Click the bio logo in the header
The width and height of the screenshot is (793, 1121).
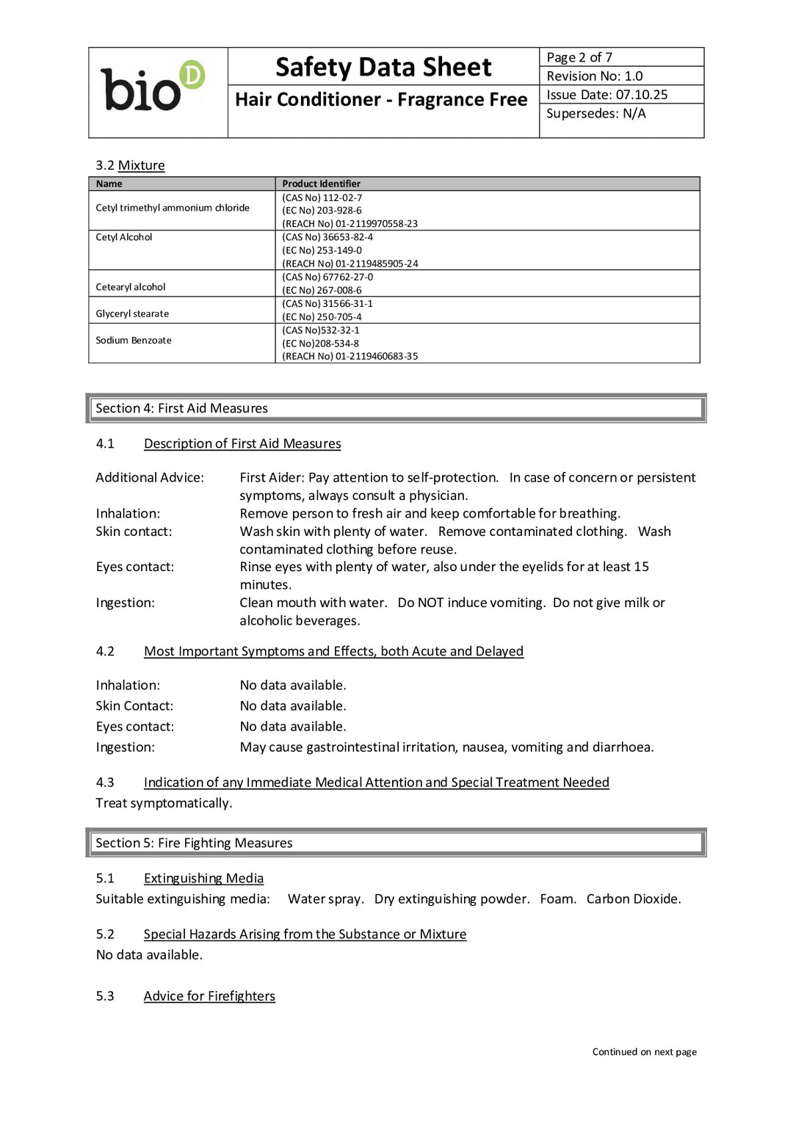pyautogui.click(x=153, y=87)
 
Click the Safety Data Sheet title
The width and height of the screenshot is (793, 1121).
pyautogui.click(x=383, y=68)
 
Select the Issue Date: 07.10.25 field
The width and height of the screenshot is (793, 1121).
pyautogui.click(x=606, y=95)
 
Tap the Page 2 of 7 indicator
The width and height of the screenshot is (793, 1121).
pyautogui.click(x=579, y=57)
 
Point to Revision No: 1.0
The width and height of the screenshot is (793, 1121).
pyautogui.click(x=594, y=76)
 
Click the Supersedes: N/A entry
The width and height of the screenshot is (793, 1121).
pyautogui.click(x=595, y=114)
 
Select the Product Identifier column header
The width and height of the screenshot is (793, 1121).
pyautogui.click(x=321, y=184)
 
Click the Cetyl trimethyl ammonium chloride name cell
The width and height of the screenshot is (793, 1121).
pyautogui.click(x=173, y=208)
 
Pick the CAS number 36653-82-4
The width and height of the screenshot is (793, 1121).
pyautogui.click(x=327, y=237)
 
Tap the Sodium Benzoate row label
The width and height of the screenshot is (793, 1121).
pyautogui.click(x=134, y=341)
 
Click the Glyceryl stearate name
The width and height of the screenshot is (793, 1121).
pyautogui.click(x=132, y=313)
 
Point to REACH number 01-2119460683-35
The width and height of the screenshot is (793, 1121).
pyautogui.click(x=350, y=357)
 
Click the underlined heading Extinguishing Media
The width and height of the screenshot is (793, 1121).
pyautogui.click(x=203, y=878)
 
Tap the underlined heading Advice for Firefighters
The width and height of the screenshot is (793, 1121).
pyautogui.click(x=209, y=996)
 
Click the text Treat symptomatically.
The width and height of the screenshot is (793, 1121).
pyautogui.click(x=164, y=803)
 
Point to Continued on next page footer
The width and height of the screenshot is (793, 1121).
pyautogui.click(x=644, y=1052)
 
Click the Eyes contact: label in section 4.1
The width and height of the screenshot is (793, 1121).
pyautogui.click(x=135, y=567)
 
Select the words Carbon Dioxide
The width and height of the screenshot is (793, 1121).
pyautogui.click(x=633, y=899)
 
